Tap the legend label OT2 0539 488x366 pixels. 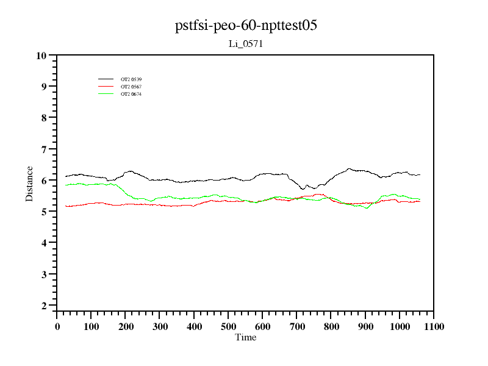[131, 79]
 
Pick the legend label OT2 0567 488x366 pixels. [131, 87]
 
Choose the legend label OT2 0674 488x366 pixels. [131, 94]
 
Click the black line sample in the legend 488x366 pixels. [106, 79]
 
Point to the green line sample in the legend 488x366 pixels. [106, 94]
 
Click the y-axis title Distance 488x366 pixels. [29, 183]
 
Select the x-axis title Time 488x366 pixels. [246, 337]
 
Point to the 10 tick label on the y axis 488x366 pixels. [41, 56]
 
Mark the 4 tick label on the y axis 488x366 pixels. [44, 243]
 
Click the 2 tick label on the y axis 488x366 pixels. [44, 306]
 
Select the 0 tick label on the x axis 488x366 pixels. [57, 326]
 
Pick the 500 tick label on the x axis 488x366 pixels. [229, 326]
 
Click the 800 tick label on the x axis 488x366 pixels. [331, 326]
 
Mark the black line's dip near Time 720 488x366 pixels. [303, 189]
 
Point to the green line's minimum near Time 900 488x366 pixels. [367, 208]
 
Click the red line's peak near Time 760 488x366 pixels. [317, 194]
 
